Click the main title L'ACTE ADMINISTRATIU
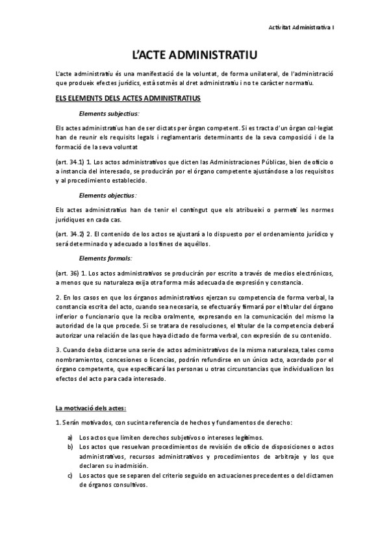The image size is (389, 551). tap(194, 55)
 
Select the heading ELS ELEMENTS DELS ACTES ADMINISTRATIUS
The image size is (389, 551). tap(128, 98)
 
